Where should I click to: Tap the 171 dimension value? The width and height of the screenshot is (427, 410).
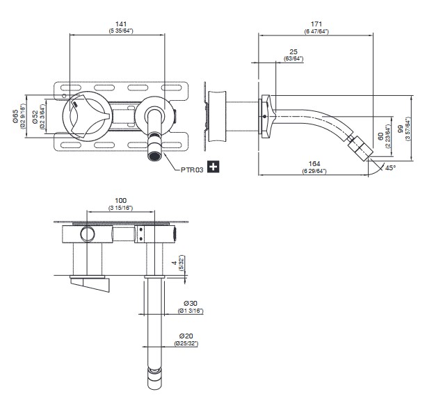[316, 24]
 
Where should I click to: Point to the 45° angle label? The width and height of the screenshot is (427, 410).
[390, 167]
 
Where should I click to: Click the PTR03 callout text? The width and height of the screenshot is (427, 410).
[193, 167]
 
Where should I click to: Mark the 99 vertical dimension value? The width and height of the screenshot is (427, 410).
[401, 130]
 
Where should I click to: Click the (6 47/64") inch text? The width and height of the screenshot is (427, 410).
[316, 32]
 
